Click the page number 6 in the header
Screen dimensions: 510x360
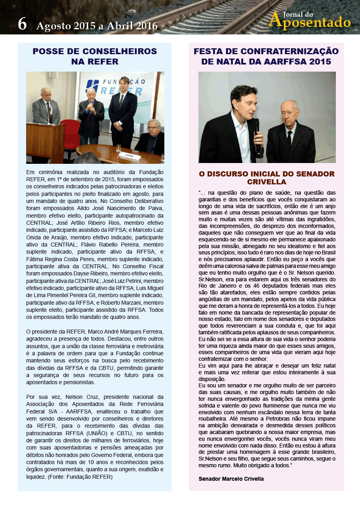(22, 25)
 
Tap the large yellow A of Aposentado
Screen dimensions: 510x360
(276, 20)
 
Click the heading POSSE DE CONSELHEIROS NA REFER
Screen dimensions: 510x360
(95, 57)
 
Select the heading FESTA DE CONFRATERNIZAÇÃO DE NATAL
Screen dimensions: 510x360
(266, 57)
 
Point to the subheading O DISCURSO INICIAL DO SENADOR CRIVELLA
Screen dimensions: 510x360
(266, 178)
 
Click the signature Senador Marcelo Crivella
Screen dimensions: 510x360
(231, 479)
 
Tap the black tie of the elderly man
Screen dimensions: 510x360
(290, 141)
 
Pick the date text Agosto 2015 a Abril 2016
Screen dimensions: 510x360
(97, 26)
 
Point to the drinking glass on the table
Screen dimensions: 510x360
(118, 148)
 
